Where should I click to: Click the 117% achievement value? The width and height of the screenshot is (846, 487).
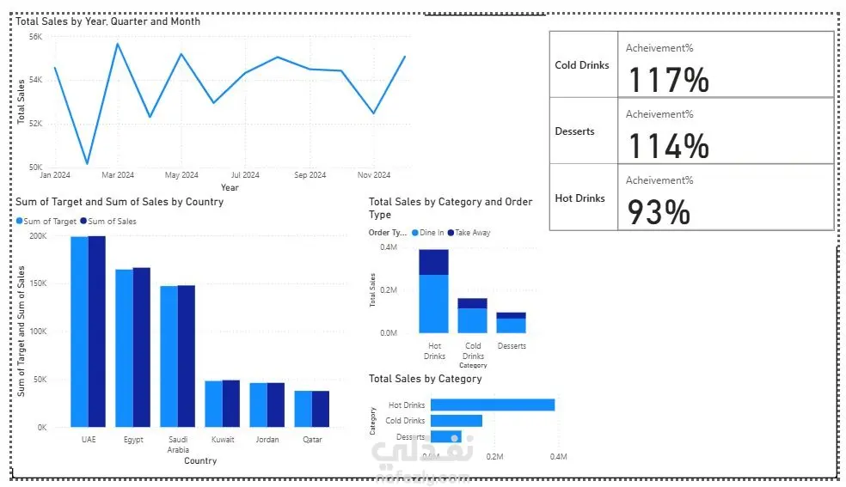pos(669,80)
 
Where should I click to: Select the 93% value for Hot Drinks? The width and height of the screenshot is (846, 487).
pos(659,212)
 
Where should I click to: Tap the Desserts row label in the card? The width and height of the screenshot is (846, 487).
pos(574,131)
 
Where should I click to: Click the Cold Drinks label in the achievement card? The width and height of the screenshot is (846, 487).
pos(581,65)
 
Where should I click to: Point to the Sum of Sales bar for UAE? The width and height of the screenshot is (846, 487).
pos(96,331)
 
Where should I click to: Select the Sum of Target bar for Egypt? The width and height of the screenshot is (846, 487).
pos(124,348)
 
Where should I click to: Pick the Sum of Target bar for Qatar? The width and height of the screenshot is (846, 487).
pos(303,409)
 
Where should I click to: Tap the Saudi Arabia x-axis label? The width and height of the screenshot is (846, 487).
pos(178,444)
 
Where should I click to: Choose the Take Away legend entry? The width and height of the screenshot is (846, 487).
pos(472,233)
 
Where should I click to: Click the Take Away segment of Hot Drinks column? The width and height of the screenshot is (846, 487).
pos(433,262)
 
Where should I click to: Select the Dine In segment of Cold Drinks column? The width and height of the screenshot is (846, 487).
pos(472,320)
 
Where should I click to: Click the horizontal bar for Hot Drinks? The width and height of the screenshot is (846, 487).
pos(493,405)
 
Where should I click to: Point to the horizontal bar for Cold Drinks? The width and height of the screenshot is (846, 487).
pos(456,421)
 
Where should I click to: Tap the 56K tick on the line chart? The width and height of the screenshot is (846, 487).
pos(35,37)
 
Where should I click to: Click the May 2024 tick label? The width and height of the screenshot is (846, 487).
pos(181,175)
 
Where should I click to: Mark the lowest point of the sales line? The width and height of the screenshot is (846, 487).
pos(87,162)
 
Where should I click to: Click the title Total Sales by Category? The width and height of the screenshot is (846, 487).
pos(425,379)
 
